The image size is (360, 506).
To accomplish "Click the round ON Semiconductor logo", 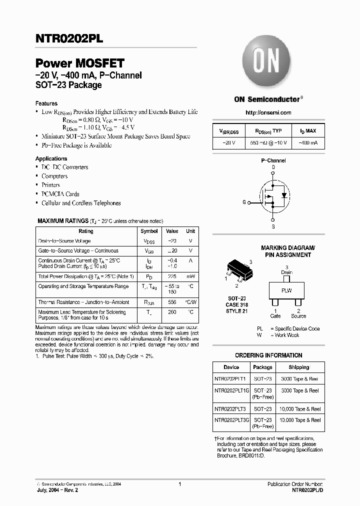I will pyautogui.click(x=266, y=63).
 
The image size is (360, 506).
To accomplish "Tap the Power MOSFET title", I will pyautogui.click(x=79, y=63).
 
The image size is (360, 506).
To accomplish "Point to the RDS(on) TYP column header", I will pyautogui.click(x=268, y=131).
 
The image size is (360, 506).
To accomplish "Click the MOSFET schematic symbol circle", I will pyautogui.click(x=273, y=195).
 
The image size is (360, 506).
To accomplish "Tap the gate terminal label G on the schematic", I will pyautogui.click(x=244, y=202).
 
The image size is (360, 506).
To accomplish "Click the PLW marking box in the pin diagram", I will pyautogui.click(x=286, y=290).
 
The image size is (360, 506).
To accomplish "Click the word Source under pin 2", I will pyautogui.click(x=298, y=316).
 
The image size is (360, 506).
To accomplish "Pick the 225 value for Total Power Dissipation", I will pyautogui.click(x=172, y=276).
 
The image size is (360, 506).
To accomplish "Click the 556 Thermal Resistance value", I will pyautogui.click(x=172, y=302).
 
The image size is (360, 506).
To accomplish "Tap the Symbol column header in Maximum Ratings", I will pyautogui.click(x=149, y=231).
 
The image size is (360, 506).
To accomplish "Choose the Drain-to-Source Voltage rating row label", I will pyautogui.click(x=64, y=241).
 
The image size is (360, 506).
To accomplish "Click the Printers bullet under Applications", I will pyautogui.click(x=51, y=185).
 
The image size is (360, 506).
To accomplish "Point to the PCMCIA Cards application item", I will pyautogui.click(x=60, y=194).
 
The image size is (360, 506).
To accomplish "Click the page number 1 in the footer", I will pyautogui.click(x=179, y=484).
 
